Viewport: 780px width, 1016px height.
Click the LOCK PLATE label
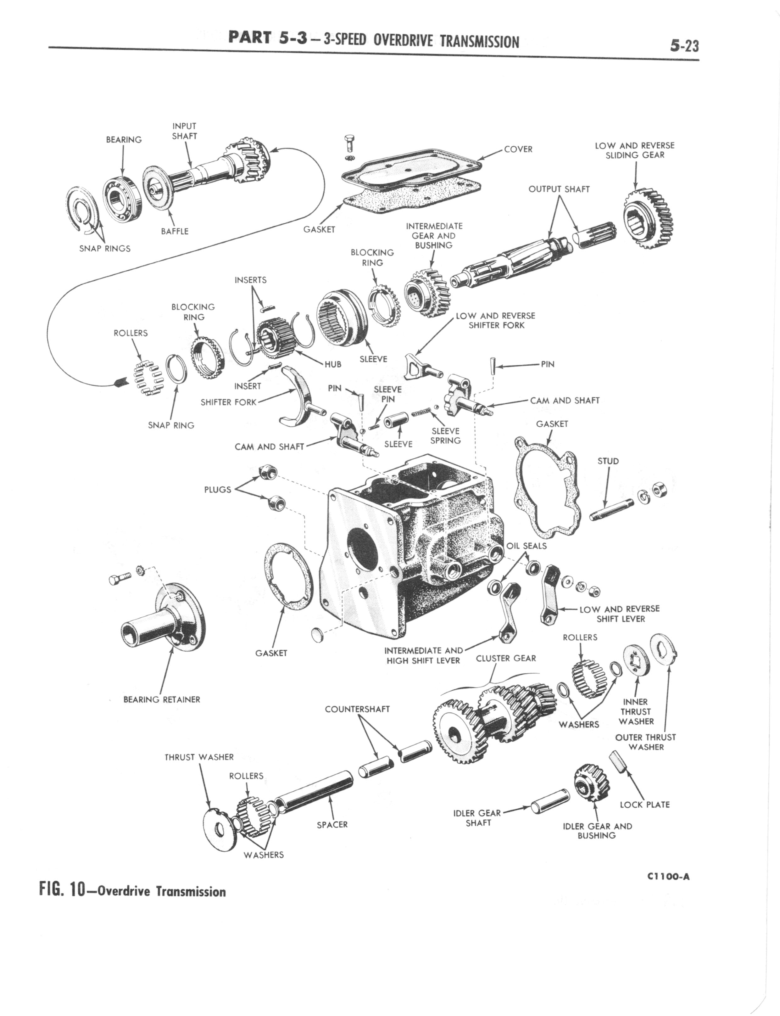[x=644, y=805]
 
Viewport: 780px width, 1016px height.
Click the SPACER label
[x=332, y=825]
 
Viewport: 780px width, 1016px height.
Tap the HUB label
[x=333, y=364]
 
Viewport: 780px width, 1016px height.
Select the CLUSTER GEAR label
[x=506, y=659]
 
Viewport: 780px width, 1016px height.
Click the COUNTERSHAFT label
[x=357, y=709]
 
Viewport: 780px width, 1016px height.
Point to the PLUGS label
[x=217, y=489]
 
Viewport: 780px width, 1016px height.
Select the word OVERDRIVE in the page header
[x=403, y=42]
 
